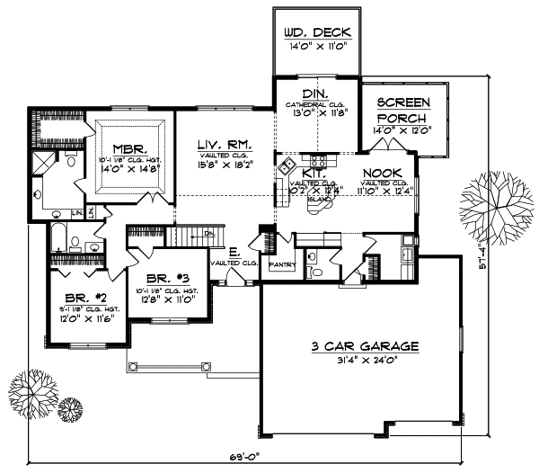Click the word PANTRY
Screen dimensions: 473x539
pyautogui.click(x=282, y=267)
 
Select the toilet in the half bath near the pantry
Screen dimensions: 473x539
pyautogui.click(x=311, y=271)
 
